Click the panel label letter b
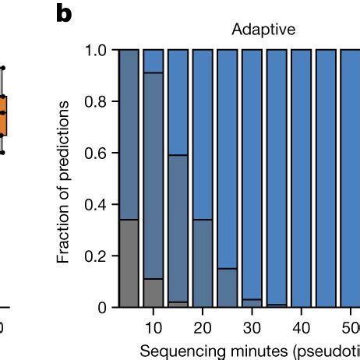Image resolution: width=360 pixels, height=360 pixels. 66,13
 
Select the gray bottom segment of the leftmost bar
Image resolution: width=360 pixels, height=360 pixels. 129,263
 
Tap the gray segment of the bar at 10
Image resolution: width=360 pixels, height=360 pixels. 154,292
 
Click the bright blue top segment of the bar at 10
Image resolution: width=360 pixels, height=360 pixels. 154,61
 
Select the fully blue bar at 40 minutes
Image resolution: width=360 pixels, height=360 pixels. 301,178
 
